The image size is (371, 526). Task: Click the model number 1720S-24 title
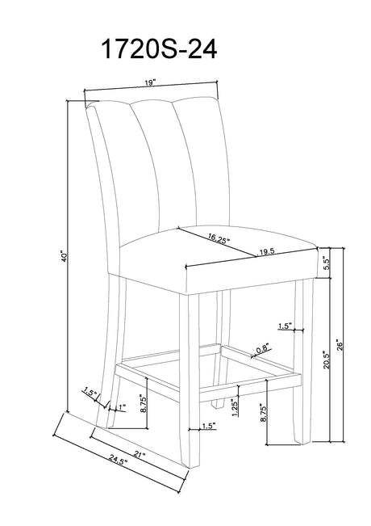159,49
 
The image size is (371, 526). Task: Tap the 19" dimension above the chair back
151,83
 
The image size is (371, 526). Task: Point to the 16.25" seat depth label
219,238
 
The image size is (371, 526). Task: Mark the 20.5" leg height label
327,360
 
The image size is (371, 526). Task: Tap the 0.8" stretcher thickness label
262,349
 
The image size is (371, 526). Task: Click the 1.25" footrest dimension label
235,407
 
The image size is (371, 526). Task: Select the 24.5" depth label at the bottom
118,461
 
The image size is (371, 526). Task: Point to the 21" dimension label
140,455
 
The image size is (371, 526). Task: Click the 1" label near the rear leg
121,407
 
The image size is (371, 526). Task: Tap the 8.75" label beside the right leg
262,414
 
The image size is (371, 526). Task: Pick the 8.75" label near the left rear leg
144,403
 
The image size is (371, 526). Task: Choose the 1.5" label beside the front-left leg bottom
208,426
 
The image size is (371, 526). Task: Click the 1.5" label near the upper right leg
285,326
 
